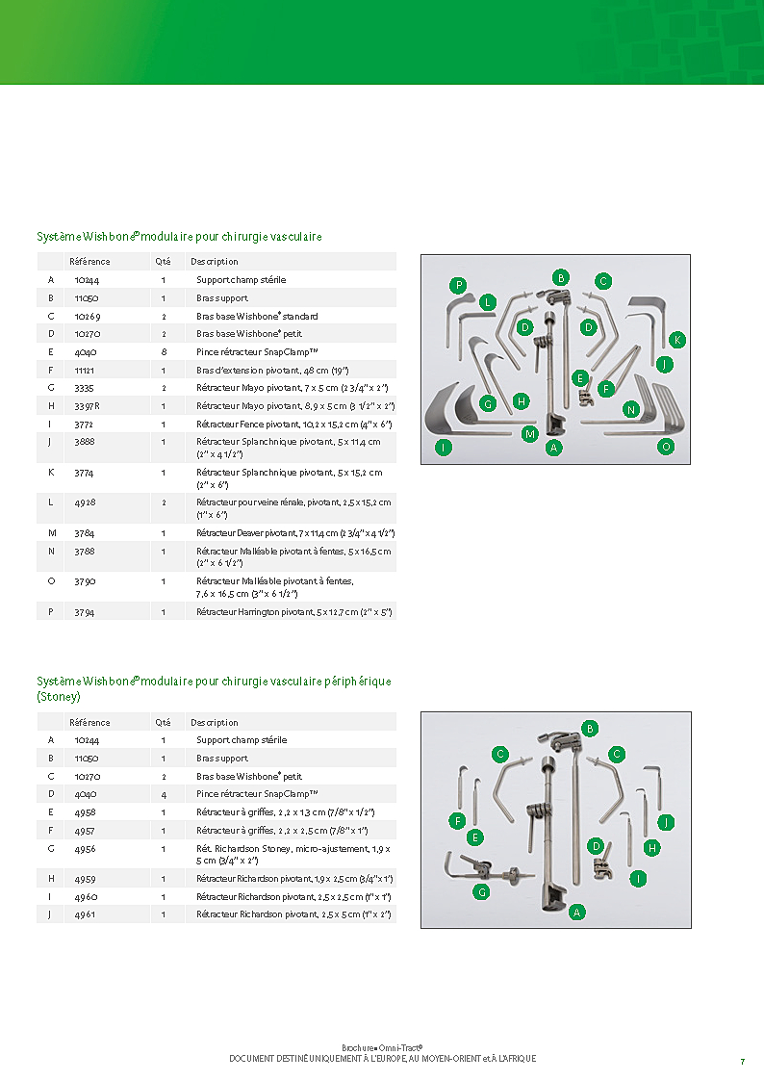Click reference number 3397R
tap(87, 406)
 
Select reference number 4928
tap(86, 502)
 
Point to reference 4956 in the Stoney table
tap(85, 849)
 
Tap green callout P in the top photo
tap(459, 285)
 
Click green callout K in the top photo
tap(677, 340)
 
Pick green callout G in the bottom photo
tap(483, 891)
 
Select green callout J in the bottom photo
tap(665, 822)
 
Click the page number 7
tap(742, 1061)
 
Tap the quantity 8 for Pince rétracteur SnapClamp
tap(164, 352)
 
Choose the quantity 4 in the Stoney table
tap(164, 794)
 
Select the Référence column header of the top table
tap(89, 262)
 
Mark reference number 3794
tap(86, 612)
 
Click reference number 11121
tap(86, 370)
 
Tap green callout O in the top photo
tap(666, 447)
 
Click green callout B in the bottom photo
tap(590, 729)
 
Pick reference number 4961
tap(85, 914)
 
